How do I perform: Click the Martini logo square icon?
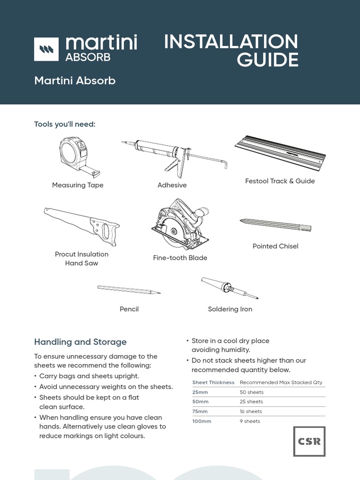[46, 49]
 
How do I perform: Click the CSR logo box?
[309, 441]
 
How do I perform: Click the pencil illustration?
[129, 290]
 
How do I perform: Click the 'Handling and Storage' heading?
[80, 342]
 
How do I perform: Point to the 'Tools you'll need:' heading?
[65, 124]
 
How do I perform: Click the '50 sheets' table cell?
[252, 392]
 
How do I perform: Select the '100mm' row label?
[202, 421]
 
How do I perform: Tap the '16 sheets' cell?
[251, 412]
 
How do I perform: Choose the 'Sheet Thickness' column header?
[213, 382]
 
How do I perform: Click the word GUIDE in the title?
[267, 60]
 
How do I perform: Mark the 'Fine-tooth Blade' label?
[180, 258]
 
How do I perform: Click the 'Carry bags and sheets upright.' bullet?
[89, 376]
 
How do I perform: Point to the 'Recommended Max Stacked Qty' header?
[281, 382]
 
